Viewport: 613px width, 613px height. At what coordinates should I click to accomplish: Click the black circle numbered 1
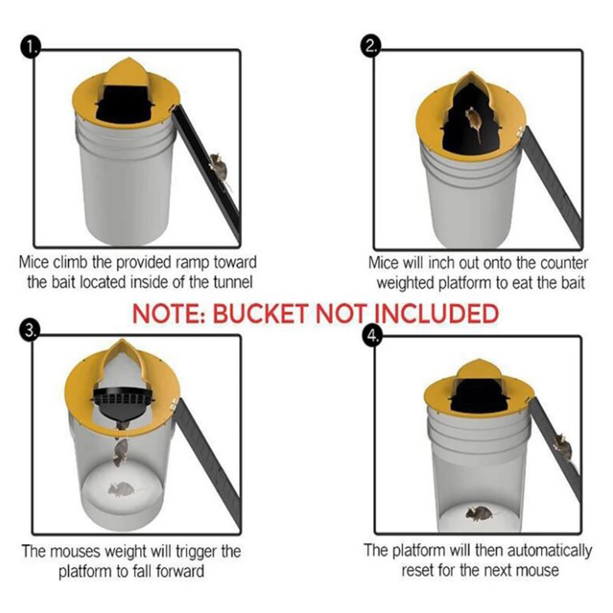(31, 48)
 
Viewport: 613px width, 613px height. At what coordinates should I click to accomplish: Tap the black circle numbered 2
(370, 48)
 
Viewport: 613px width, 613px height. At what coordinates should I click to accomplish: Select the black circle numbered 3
(29, 331)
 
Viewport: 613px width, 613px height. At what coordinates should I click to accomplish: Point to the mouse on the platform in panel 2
(474, 121)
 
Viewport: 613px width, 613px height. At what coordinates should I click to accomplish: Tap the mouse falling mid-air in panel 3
(120, 452)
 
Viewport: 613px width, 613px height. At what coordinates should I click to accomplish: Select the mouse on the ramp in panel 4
(562, 446)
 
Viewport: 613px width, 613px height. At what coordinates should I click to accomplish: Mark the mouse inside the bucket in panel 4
(480, 513)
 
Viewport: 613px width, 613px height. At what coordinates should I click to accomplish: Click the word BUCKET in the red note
(261, 313)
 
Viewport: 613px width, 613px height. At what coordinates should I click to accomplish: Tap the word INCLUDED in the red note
(436, 313)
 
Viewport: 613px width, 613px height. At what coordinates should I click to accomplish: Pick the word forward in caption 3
(180, 571)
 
